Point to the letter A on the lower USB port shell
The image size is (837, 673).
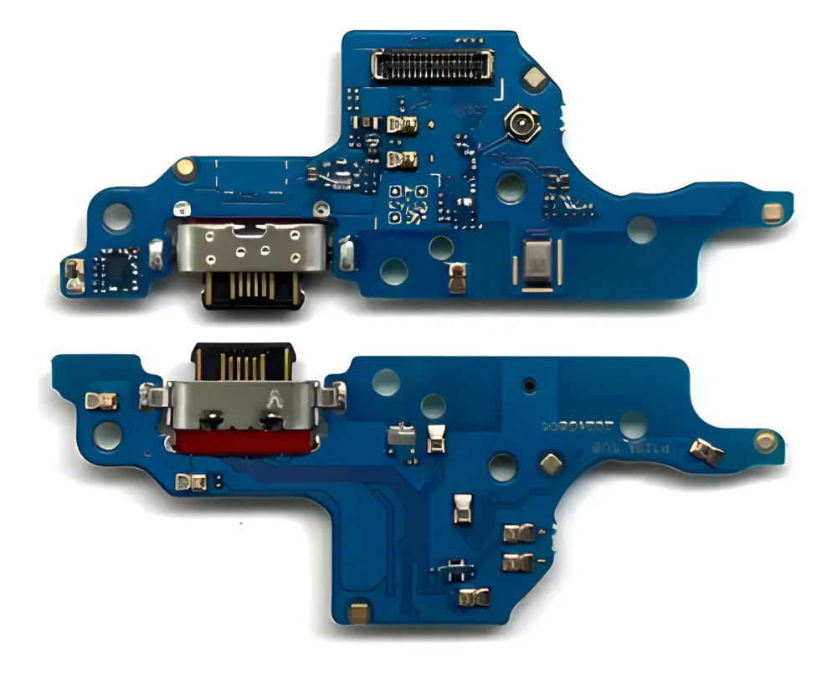click(270, 400)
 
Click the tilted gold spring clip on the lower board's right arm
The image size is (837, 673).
click(707, 453)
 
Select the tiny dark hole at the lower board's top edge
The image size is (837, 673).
click(527, 385)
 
